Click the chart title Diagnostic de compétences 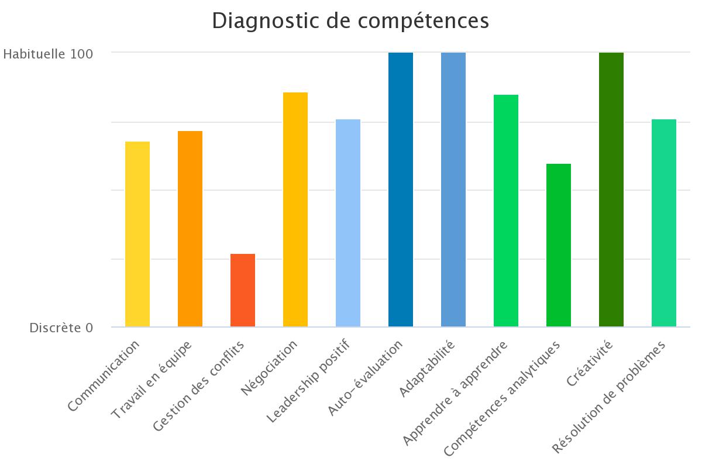(x=350, y=20)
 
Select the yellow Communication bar (x=137, y=234)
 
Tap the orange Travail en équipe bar (x=190, y=229)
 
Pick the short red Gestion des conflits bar (x=243, y=290)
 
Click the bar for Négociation (x=295, y=209)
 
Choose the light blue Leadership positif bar (x=348, y=223)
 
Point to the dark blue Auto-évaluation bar (x=401, y=190)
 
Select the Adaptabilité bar (x=453, y=190)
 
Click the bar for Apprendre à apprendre (x=506, y=211)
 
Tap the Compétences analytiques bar (x=559, y=245)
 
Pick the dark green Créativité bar (x=611, y=190)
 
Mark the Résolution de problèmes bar (x=664, y=223)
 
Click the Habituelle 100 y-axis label (x=48, y=54)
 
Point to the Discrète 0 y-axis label (x=61, y=328)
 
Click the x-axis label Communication (x=104, y=376)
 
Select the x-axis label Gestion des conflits (x=198, y=387)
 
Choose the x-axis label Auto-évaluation (x=366, y=378)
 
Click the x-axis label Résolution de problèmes (x=609, y=397)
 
